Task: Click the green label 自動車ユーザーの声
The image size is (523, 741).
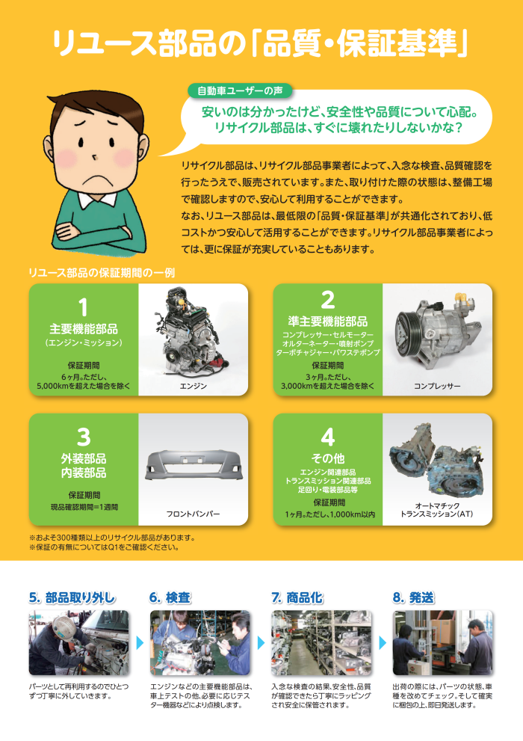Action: tap(240, 90)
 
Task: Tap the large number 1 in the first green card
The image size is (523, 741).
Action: tap(84, 307)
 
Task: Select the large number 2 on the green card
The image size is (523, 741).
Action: tap(327, 300)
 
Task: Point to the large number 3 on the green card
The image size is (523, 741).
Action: tap(84, 437)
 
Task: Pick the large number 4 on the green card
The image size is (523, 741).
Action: tap(327, 437)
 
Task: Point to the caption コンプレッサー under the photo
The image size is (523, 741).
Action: tap(437, 386)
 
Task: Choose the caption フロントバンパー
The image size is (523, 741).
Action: tap(193, 514)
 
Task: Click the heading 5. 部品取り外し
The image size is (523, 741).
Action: tap(72, 597)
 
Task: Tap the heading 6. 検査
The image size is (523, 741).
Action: tap(170, 597)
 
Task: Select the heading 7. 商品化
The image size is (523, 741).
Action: tap(297, 597)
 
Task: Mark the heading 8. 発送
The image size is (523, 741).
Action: tap(413, 597)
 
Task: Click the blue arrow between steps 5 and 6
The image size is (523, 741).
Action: tap(140, 643)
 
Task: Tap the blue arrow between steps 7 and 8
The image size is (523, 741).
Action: tap(383, 643)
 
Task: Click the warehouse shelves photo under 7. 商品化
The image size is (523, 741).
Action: tap(321, 643)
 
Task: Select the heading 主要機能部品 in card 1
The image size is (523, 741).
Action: tap(84, 329)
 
